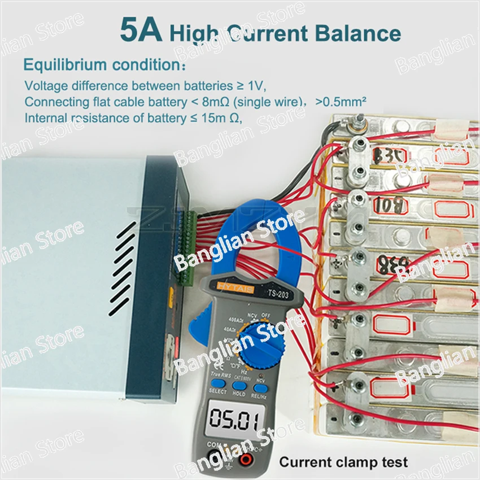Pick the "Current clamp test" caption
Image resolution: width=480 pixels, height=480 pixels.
tap(343, 462)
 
